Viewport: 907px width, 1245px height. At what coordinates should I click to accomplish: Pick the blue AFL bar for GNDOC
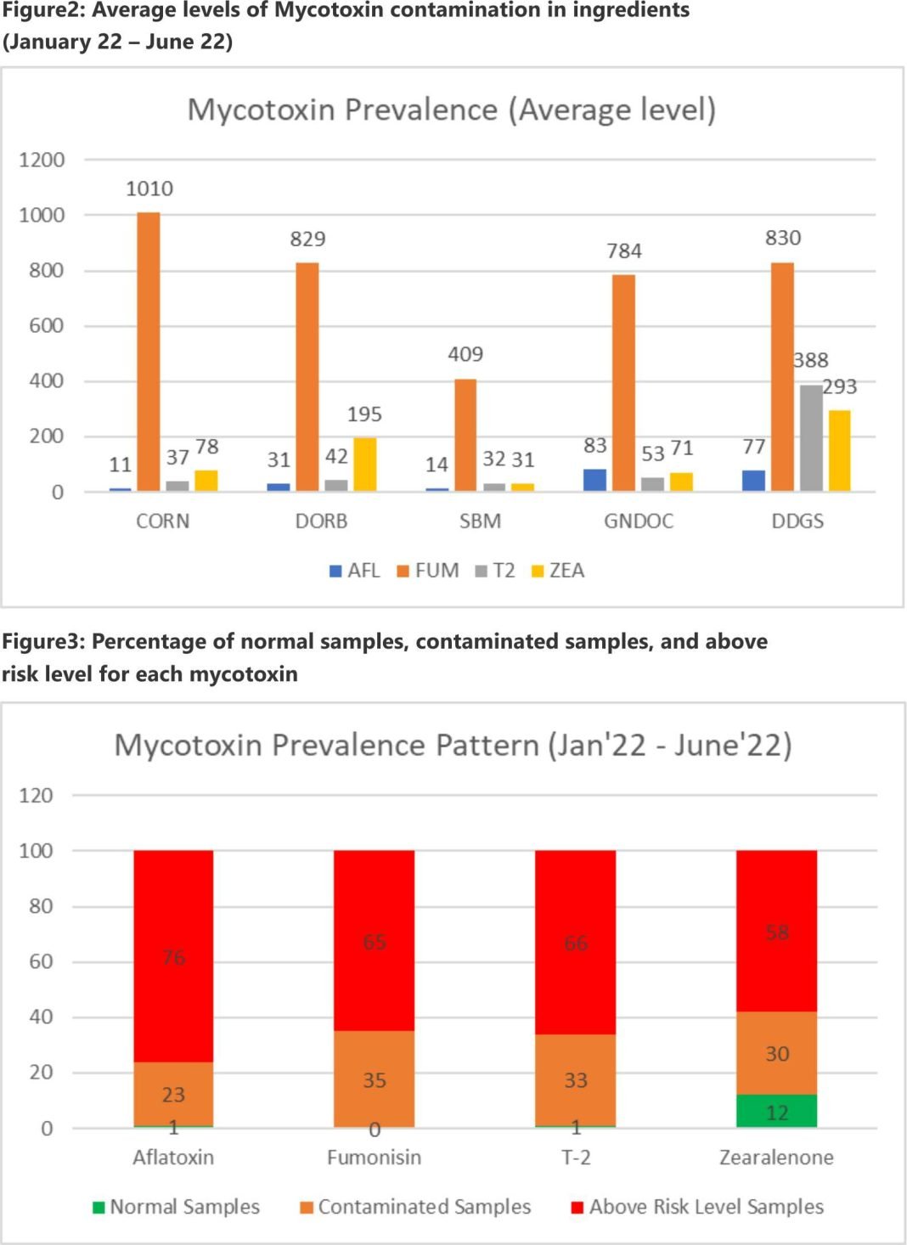tap(594, 480)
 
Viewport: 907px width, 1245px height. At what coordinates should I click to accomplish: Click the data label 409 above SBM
tap(465, 354)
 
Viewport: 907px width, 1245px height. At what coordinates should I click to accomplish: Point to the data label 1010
tap(149, 189)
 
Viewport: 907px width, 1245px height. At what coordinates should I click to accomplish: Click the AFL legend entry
tap(355, 571)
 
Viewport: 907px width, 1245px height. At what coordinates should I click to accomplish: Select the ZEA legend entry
tap(558, 571)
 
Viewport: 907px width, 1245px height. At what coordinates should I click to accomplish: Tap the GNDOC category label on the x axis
tap(639, 521)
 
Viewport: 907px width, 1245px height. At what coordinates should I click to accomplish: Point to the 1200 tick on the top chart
tap(42, 160)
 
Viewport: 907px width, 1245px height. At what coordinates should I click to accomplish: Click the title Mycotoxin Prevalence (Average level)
tap(452, 110)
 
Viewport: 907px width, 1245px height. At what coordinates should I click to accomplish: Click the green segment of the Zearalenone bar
tap(776, 1111)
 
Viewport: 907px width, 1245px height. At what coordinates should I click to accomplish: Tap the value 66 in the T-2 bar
tap(576, 943)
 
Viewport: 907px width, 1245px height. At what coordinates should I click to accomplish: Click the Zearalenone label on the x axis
tap(776, 1158)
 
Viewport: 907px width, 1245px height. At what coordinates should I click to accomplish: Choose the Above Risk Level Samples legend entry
tap(697, 1207)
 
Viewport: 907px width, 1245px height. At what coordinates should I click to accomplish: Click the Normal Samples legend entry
tap(177, 1207)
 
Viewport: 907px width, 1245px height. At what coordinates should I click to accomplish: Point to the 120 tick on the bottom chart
tap(36, 796)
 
